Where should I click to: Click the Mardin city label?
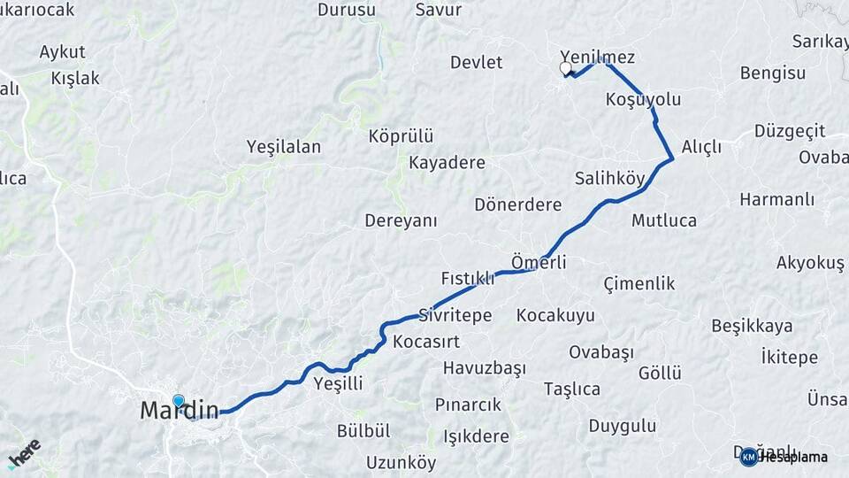click(x=179, y=411)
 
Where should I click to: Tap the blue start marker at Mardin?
click(x=179, y=401)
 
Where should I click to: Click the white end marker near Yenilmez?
click(x=566, y=67)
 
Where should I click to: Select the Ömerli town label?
click(x=539, y=262)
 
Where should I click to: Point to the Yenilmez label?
click(x=598, y=57)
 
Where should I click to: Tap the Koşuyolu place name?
click(x=644, y=99)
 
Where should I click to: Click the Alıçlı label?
click(x=702, y=147)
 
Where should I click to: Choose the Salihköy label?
click(x=610, y=178)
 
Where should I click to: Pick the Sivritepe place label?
click(x=455, y=315)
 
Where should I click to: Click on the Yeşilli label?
click(x=339, y=383)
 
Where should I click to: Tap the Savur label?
click(x=439, y=10)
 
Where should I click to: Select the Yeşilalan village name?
click(x=284, y=147)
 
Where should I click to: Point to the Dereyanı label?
click(x=402, y=220)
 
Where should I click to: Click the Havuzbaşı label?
click(x=485, y=367)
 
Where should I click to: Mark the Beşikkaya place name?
click(x=752, y=326)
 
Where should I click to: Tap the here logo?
click(x=24, y=453)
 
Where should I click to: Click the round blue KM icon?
click(x=749, y=457)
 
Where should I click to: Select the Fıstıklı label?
click(x=468, y=278)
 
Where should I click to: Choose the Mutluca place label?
click(x=664, y=220)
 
